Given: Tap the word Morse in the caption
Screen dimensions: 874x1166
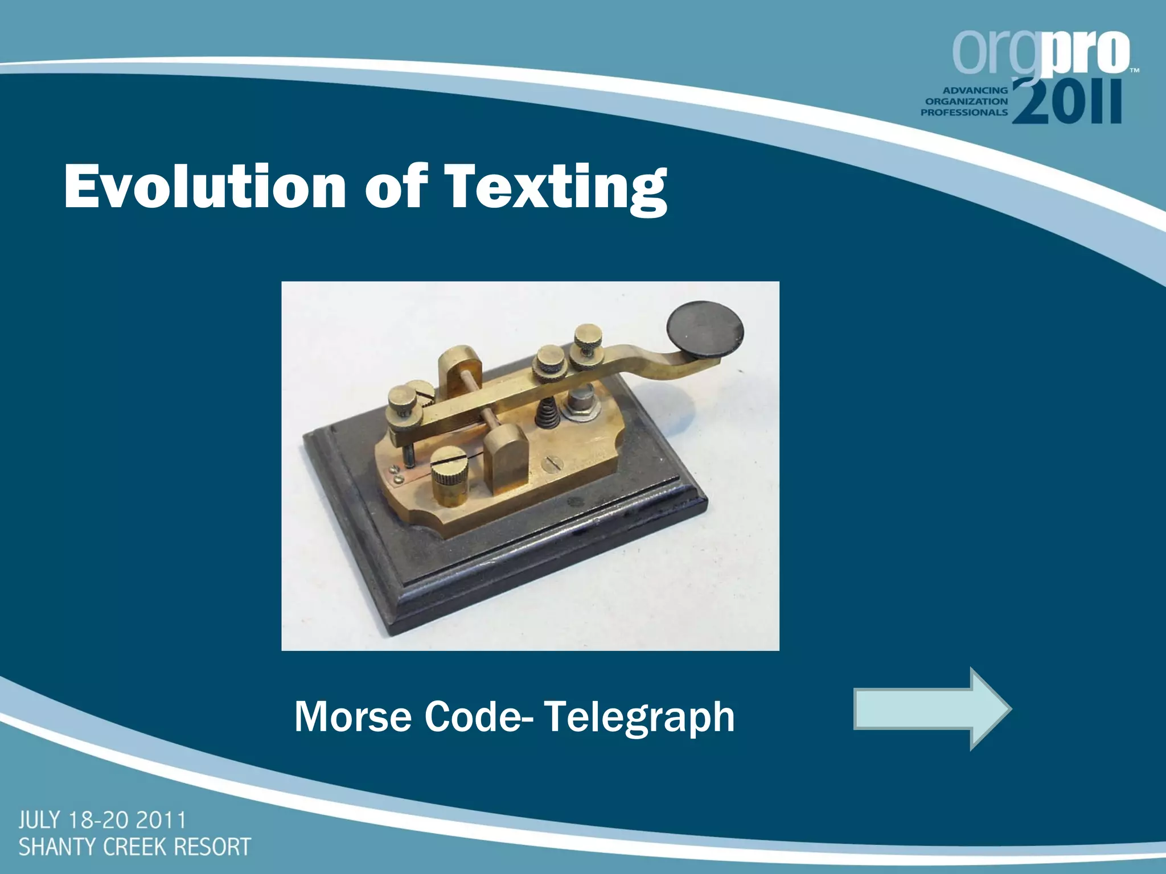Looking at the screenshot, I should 352,717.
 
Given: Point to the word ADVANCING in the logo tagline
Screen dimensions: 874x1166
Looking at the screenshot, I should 975,90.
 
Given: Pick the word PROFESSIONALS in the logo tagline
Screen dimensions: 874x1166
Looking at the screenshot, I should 964,112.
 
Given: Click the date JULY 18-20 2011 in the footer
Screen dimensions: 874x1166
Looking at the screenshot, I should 102,821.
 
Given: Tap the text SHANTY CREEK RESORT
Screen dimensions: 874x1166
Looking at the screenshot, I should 134,847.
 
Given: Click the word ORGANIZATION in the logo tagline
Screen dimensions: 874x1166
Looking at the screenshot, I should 967,101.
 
